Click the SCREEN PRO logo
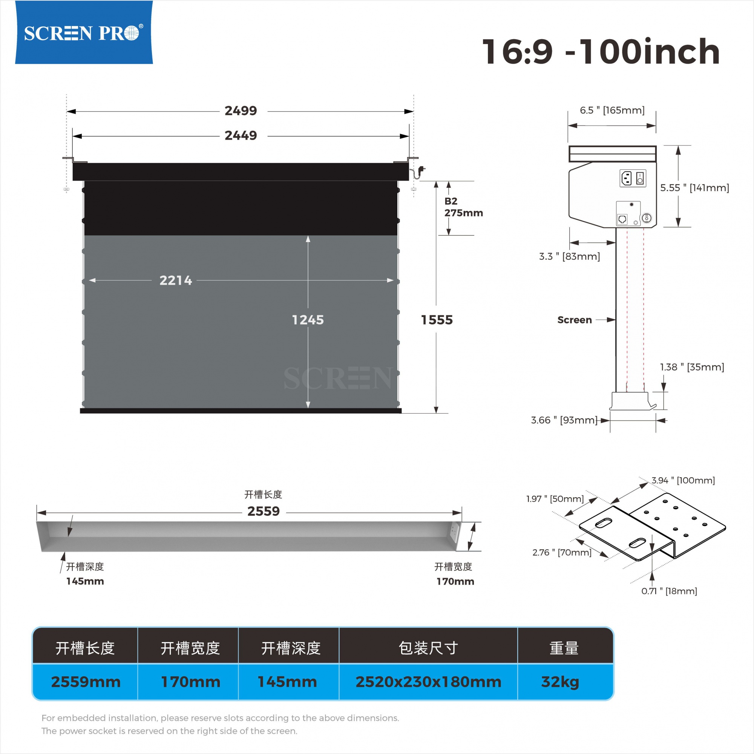(x=84, y=32)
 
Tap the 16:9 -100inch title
(x=601, y=52)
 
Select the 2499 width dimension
(x=241, y=111)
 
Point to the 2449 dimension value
(x=241, y=135)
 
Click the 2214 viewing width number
(x=176, y=280)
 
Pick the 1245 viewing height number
(x=308, y=320)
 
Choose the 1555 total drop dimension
(x=437, y=320)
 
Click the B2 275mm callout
(x=464, y=207)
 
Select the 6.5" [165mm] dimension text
(x=612, y=110)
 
